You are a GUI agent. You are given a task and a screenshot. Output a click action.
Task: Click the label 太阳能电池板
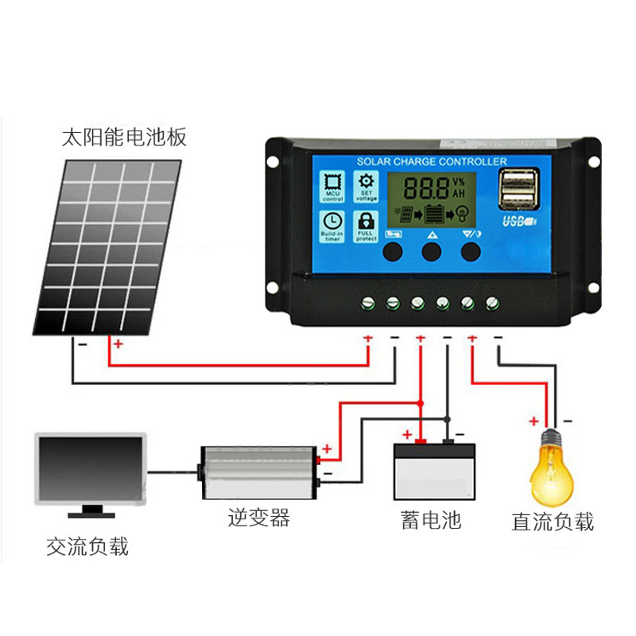[x=125, y=138]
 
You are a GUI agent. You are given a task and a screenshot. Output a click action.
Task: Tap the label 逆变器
[x=258, y=519]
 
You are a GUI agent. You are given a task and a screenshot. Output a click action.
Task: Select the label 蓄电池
[x=430, y=521]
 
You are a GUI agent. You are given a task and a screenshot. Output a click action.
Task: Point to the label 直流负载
[x=553, y=522]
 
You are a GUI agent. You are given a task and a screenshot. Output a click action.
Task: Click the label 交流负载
[x=87, y=546]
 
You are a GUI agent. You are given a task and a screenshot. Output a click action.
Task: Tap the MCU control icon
[x=332, y=185]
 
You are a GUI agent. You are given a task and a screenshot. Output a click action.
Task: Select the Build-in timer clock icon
[x=332, y=222]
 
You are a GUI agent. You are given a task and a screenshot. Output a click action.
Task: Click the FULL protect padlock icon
[x=366, y=222]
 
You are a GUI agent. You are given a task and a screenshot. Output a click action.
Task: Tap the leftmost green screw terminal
[x=368, y=302]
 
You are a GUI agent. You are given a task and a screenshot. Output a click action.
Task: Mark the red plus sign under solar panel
[x=118, y=345]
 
